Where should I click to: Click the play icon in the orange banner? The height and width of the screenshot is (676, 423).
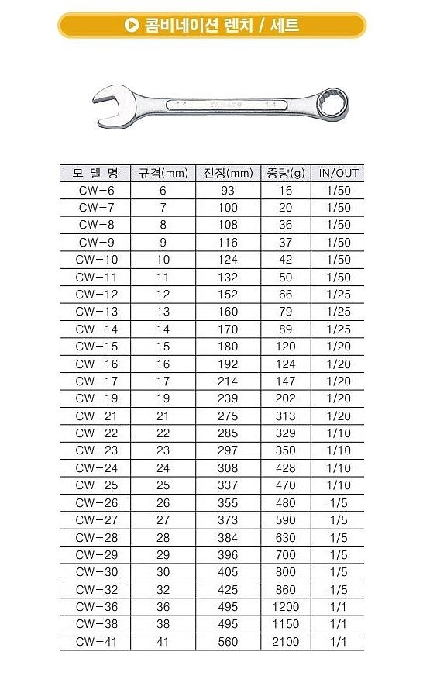[132, 26]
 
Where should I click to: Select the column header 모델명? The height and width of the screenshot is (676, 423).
[95, 173]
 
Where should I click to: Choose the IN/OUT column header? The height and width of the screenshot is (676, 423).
[339, 173]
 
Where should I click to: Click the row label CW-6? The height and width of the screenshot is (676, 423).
[96, 191]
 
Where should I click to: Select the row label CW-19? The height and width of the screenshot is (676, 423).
[96, 398]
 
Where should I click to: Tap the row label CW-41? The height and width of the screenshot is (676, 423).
[96, 641]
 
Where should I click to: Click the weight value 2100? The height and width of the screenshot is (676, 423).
[284, 641]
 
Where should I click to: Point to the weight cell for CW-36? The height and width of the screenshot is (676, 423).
[284, 606]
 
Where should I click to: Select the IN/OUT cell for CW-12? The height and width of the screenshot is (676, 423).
[339, 295]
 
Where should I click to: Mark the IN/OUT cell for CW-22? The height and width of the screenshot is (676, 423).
[339, 433]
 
